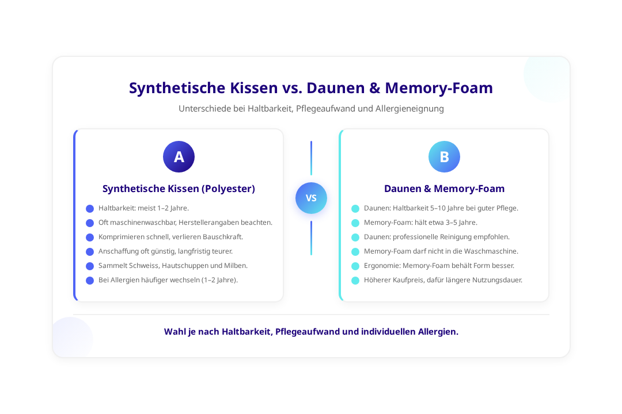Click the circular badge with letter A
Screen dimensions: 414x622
(179, 156)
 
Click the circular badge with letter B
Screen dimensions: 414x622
(444, 156)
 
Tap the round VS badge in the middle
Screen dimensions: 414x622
(311, 198)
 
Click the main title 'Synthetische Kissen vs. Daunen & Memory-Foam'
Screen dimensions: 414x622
(311, 88)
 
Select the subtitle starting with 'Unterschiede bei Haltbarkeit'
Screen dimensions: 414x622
(311, 108)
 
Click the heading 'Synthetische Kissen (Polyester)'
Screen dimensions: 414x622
(179, 189)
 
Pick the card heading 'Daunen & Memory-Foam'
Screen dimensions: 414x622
(444, 189)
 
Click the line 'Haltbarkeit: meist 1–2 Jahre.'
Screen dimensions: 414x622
(143, 208)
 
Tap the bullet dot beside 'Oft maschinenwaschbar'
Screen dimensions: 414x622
(89, 223)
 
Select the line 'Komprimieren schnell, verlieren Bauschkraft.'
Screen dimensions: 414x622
(170, 237)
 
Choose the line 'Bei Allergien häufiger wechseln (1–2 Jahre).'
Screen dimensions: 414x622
(168, 280)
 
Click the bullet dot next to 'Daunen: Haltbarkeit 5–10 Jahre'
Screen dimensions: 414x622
(355, 208)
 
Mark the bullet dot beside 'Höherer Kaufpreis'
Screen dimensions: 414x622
(355, 280)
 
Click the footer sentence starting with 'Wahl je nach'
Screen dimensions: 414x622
(311, 332)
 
